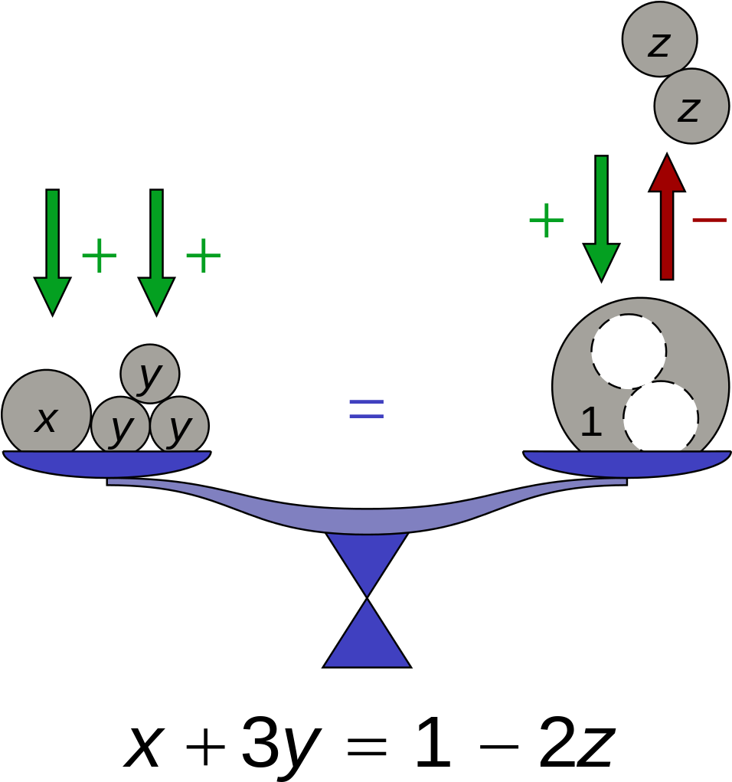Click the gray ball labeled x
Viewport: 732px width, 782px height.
[x=46, y=414]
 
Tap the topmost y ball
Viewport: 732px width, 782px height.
[x=150, y=374]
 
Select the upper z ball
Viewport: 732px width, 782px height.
[x=659, y=39]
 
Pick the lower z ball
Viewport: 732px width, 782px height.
[x=691, y=106]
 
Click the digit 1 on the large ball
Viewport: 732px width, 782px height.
[x=590, y=423]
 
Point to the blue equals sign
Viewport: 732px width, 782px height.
[x=366, y=408]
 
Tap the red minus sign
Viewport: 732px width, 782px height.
[x=709, y=221]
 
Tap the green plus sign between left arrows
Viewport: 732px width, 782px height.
[x=100, y=256]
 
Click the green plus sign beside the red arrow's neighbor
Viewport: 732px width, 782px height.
[x=546, y=221]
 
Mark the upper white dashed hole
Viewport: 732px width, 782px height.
[x=629, y=352]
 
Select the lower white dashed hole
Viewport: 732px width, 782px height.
[x=661, y=417]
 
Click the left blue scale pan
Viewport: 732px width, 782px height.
[x=107, y=463]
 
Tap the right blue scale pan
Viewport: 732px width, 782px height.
[x=627, y=463]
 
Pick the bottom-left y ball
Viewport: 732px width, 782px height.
[x=120, y=426]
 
